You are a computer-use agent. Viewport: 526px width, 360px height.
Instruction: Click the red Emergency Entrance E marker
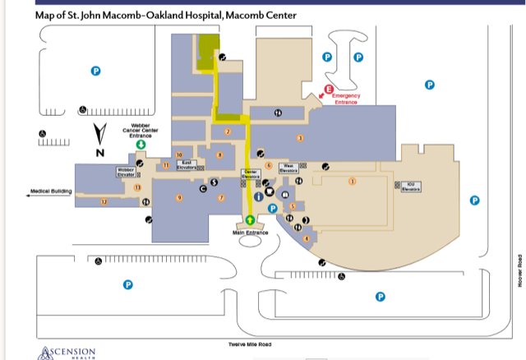click(330, 89)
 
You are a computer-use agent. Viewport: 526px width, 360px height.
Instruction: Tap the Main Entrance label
click(250, 233)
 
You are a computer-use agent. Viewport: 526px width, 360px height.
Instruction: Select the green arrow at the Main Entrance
click(250, 220)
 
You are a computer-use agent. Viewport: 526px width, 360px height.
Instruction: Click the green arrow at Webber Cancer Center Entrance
click(141, 144)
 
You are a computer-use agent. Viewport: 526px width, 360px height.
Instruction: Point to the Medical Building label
click(51, 192)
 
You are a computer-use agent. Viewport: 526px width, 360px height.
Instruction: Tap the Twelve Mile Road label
click(250, 344)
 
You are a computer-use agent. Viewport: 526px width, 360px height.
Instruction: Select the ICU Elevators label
click(412, 185)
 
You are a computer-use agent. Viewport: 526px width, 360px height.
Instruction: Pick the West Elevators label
click(288, 166)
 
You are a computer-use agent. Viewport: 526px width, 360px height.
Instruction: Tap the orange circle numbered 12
click(104, 201)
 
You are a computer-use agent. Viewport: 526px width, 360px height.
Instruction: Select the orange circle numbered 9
click(178, 198)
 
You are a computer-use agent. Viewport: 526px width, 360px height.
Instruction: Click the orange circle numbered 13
click(137, 187)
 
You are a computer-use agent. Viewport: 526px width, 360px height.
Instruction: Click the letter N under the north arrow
click(101, 153)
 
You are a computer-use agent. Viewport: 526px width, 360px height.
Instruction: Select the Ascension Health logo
click(67, 352)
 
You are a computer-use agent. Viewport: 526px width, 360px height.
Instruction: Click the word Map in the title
click(46, 15)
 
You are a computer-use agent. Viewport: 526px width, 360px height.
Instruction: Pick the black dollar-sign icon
click(215, 182)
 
